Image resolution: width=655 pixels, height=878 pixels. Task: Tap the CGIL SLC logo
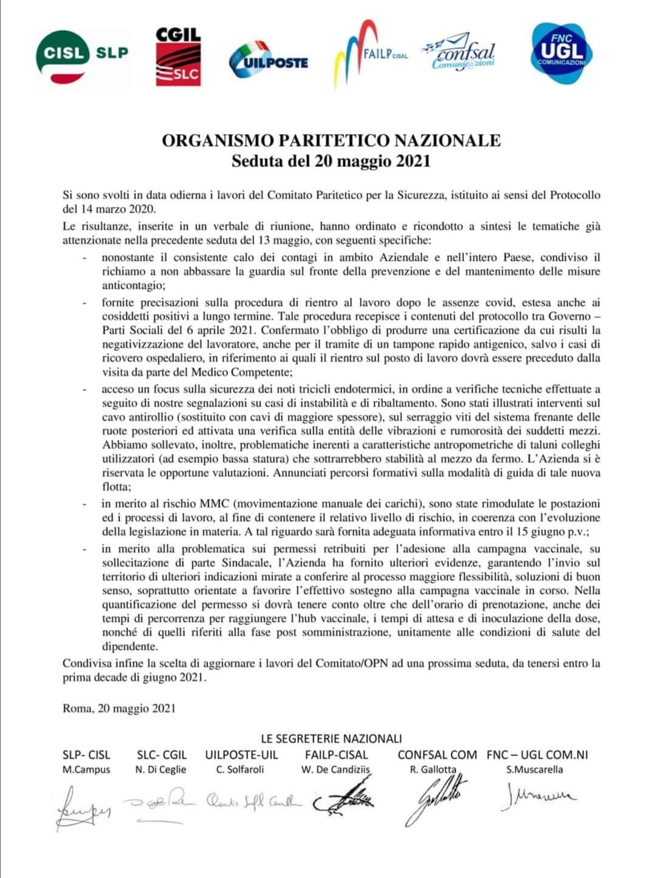(178, 56)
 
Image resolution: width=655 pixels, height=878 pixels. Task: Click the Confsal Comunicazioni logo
(460, 53)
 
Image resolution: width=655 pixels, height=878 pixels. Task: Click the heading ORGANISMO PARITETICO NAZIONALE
(331, 141)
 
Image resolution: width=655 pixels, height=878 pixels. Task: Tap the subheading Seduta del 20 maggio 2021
(331, 161)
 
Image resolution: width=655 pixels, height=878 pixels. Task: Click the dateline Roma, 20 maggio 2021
(119, 708)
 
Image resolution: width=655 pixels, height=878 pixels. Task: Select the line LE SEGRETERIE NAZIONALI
(331, 738)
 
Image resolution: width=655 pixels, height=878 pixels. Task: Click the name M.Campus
(86, 769)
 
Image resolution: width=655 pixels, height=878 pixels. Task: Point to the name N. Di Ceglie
(161, 769)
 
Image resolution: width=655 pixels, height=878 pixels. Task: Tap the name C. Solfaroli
(240, 769)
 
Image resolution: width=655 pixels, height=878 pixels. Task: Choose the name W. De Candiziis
(335, 769)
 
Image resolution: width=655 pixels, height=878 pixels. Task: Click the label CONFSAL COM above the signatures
(437, 755)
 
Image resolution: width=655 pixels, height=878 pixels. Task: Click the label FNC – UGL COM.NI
(537, 755)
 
